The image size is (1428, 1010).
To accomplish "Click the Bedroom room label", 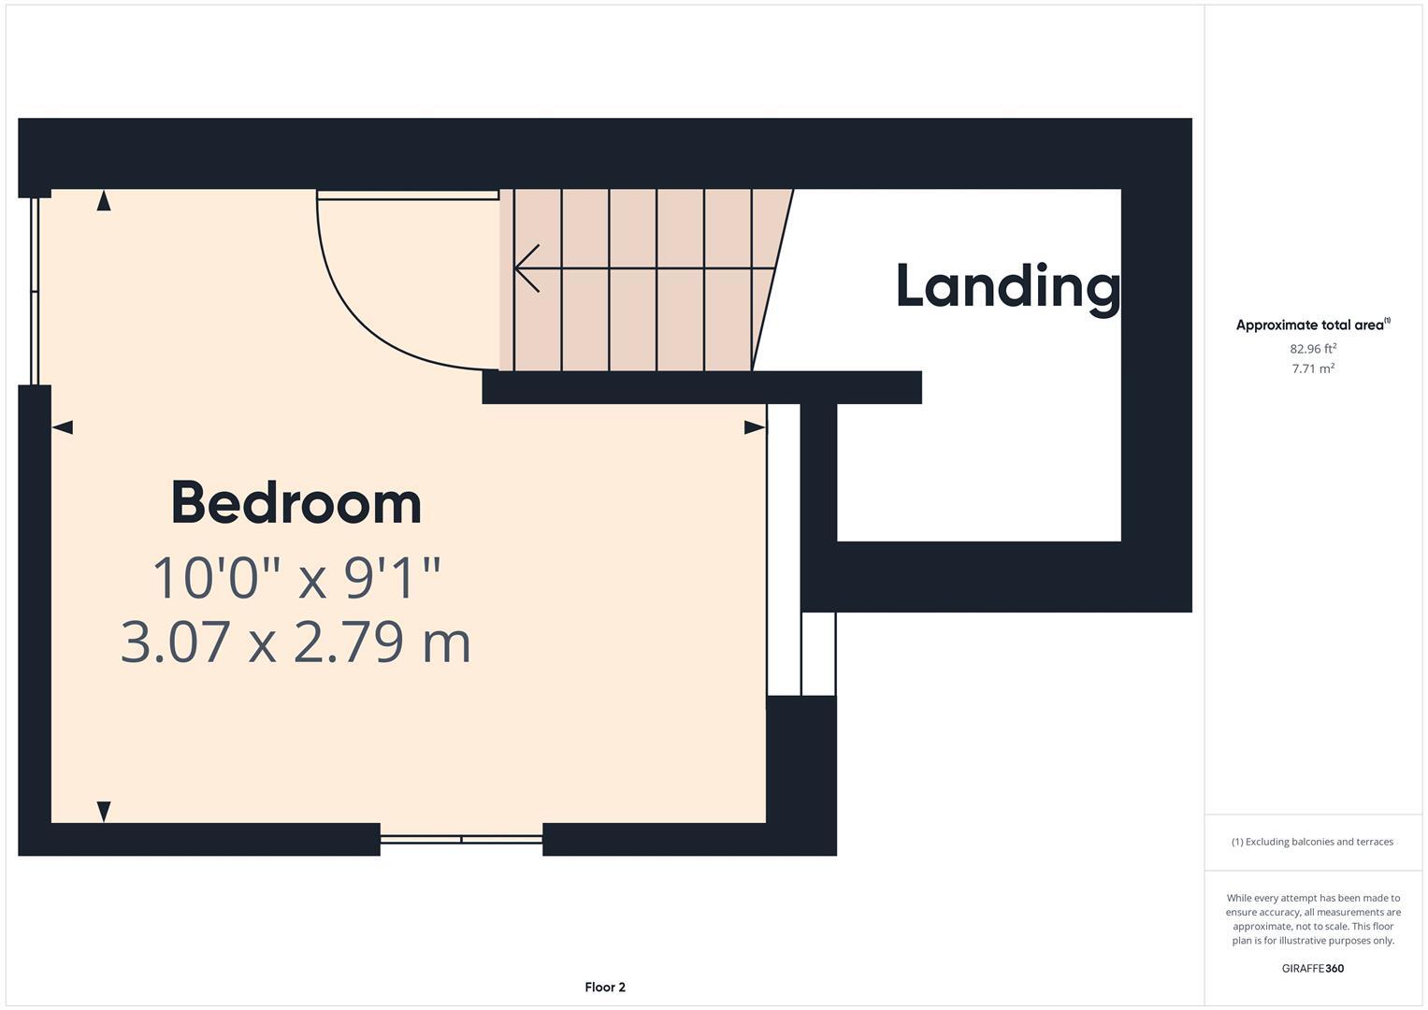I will pyautogui.click(x=296, y=503).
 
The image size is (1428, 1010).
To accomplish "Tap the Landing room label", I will pyautogui.click(x=1007, y=286).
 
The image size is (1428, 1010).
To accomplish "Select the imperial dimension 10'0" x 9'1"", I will pyautogui.click(x=296, y=578).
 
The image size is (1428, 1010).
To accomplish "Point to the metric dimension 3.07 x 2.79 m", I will pyautogui.click(x=296, y=642).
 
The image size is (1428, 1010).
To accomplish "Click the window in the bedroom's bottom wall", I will pyautogui.click(x=461, y=839).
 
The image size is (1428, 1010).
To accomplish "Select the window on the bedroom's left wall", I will pyautogui.click(x=35, y=290).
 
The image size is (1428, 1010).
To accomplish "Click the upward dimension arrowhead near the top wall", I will pyautogui.click(x=104, y=200).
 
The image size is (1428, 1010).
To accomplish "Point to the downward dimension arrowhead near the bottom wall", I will pyautogui.click(x=104, y=811).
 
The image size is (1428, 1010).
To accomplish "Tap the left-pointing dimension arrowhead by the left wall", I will pyautogui.click(x=63, y=427).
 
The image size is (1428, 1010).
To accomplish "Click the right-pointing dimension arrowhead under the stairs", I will pyautogui.click(x=754, y=427).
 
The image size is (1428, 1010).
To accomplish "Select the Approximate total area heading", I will pyautogui.click(x=1312, y=325).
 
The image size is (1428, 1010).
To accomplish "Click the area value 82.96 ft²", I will pyautogui.click(x=1312, y=349).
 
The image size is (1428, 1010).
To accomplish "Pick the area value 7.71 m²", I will pyautogui.click(x=1312, y=368).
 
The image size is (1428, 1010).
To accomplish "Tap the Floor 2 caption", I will pyautogui.click(x=605, y=987).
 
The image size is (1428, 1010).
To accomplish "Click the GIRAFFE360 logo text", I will pyautogui.click(x=1312, y=968).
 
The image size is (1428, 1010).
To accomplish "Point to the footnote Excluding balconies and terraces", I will pyautogui.click(x=1312, y=842).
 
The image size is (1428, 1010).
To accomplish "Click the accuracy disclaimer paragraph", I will pyautogui.click(x=1312, y=919).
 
